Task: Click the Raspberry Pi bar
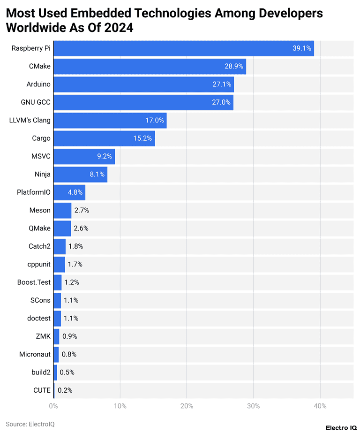pyautogui.click(x=183, y=48)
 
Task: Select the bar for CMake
pyautogui.click(x=150, y=66)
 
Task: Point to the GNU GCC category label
pyautogui.click(x=36, y=102)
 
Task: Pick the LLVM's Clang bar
pyautogui.click(x=110, y=120)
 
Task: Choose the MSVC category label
pyautogui.click(x=41, y=156)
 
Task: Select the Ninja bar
pyautogui.click(x=80, y=175)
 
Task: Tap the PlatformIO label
pyautogui.click(x=34, y=192)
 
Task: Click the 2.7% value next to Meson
pyautogui.click(x=82, y=210)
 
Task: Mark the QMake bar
pyautogui.click(x=62, y=228)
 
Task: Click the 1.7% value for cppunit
pyautogui.click(x=75, y=264)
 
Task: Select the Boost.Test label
pyautogui.click(x=34, y=282)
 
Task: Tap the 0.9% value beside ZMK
pyautogui.click(x=69, y=336)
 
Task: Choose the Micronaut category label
pyautogui.click(x=35, y=354)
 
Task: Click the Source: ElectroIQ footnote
pyautogui.click(x=30, y=424)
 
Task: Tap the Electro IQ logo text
pyautogui.click(x=341, y=428)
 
